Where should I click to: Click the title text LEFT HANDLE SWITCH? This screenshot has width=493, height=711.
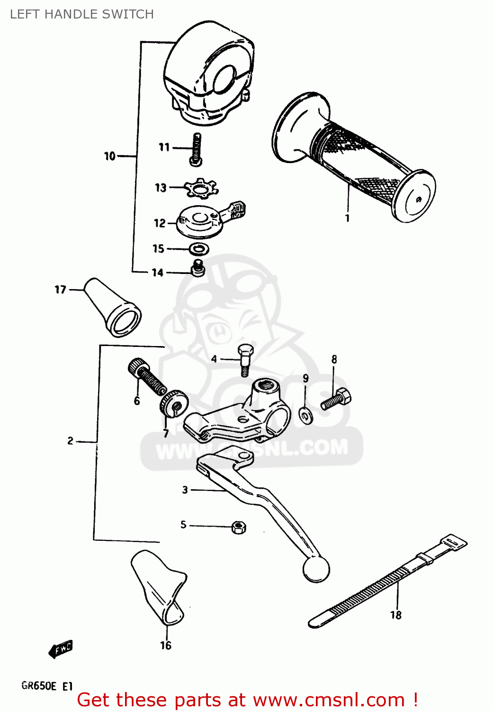81,14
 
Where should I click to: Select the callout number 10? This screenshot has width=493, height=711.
109,156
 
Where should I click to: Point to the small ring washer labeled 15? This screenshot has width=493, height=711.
199,248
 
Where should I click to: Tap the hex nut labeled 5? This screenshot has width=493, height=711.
239,527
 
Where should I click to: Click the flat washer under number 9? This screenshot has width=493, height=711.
306,416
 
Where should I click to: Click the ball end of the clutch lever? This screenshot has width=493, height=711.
316,569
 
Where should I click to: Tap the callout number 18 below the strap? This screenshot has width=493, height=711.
396,615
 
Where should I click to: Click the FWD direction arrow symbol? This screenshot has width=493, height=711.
61,649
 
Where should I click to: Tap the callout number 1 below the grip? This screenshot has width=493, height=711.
347,218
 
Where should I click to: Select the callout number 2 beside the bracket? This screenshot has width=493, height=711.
70,441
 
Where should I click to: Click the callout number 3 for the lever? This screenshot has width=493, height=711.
185,490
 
